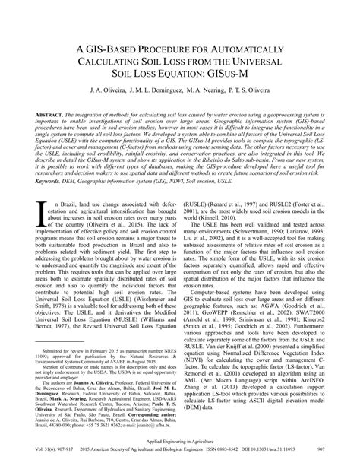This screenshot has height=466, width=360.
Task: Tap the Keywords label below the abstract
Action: (x=48, y=201)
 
